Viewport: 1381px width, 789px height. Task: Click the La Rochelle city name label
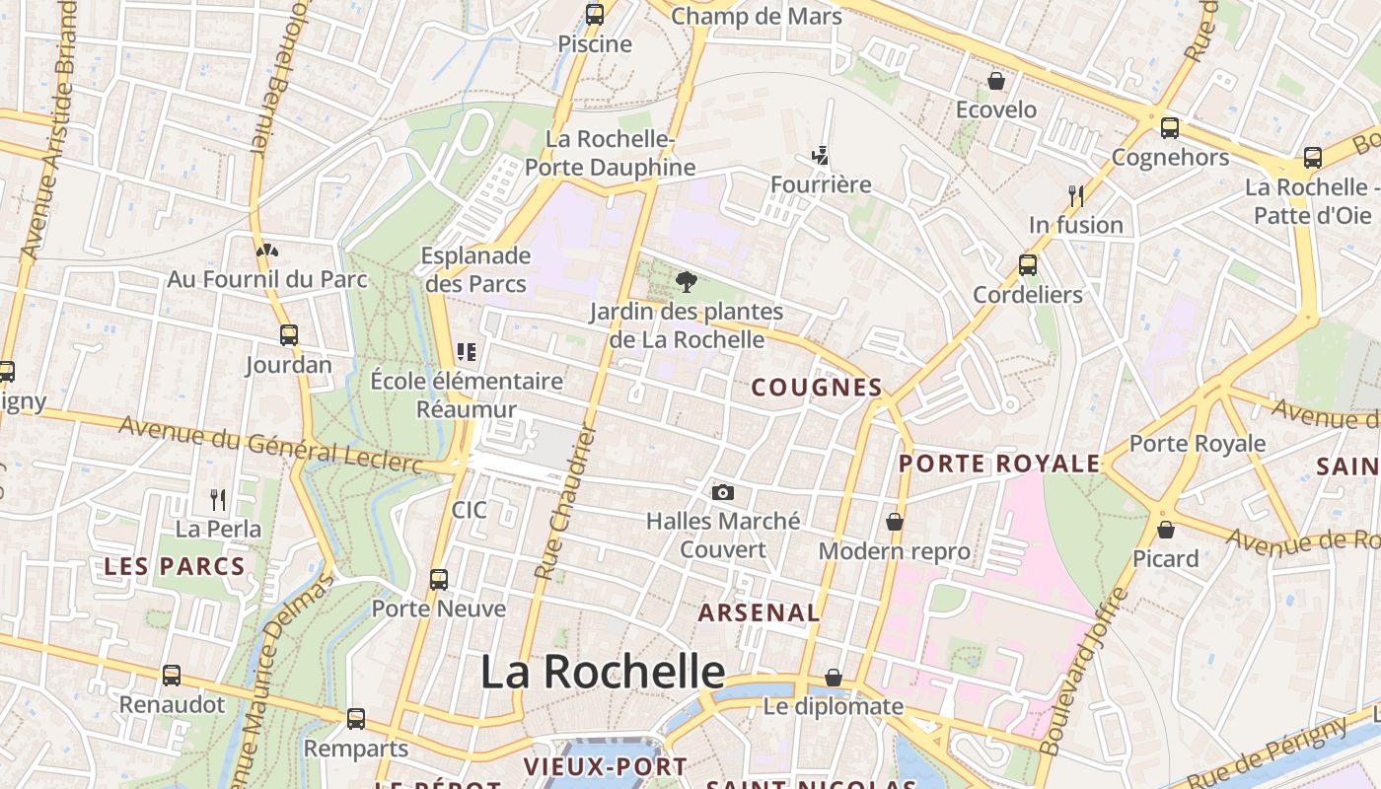(603, 672)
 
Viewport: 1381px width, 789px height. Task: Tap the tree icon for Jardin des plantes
(686, 283)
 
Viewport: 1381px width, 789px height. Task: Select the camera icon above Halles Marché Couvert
(722, 492)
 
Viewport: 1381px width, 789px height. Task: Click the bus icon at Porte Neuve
(439, 580)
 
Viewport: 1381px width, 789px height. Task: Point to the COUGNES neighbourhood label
(817, 388)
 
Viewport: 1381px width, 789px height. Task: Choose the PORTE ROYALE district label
(999, 464)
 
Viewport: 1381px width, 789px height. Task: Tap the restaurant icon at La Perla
(218, 500)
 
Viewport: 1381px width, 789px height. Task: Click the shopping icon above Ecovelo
(996, 81)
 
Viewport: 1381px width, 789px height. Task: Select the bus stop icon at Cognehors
(1170, 128)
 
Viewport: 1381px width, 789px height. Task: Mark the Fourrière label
(821, 184)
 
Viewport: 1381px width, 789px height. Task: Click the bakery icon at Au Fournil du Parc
(266, 251)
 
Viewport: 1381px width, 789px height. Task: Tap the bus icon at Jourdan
(288, 335)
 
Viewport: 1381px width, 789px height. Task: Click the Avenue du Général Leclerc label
(270, 445)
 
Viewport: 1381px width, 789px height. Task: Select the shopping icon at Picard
(1165, 530)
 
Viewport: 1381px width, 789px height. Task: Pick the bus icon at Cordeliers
(1027, 265)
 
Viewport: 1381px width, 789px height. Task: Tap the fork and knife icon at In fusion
(1075, 196)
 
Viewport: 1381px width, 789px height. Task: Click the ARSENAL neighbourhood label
(759, 612)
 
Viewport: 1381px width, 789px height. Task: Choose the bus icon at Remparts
(355, 719)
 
